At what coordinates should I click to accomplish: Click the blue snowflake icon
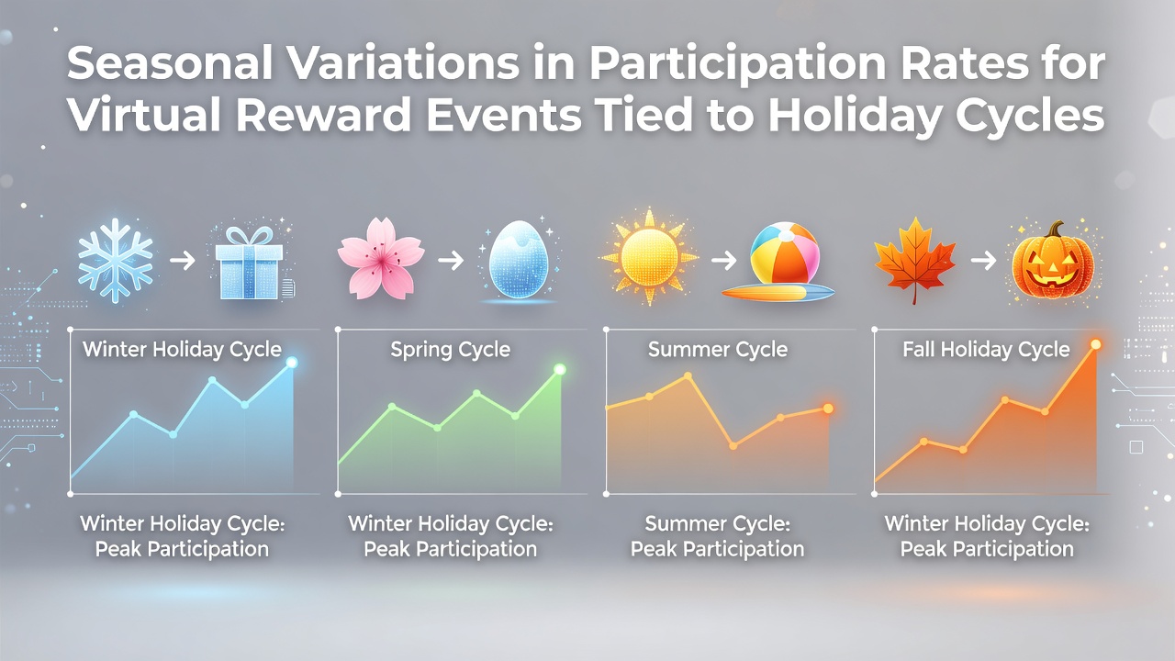tap(116, 261)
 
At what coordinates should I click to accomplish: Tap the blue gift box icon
tap(249, 263)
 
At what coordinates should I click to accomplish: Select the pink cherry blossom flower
tap(381, 258)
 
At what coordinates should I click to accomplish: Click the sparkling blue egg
tap(519, 259)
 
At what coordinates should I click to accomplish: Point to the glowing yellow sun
tap(649, 257)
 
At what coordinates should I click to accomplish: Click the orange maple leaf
tap(915, 259)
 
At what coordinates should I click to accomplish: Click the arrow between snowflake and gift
tap(183, 260)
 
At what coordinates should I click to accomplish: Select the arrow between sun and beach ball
tap(724, 260)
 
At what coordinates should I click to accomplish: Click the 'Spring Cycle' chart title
tap(450, 350)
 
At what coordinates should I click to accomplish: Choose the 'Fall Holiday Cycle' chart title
tap(986, 350)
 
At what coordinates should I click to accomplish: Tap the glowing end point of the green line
tap(560, 369)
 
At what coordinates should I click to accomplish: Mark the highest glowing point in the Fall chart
tap(1096, 344)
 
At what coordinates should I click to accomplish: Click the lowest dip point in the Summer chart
tap(733, 446)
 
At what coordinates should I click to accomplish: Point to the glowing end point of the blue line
tap(292, 362)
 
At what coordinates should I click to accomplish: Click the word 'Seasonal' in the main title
tap(169, 64)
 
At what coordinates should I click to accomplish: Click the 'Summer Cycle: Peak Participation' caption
tap(717, 536)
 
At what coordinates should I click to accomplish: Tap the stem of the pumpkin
tap(1057, 230)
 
